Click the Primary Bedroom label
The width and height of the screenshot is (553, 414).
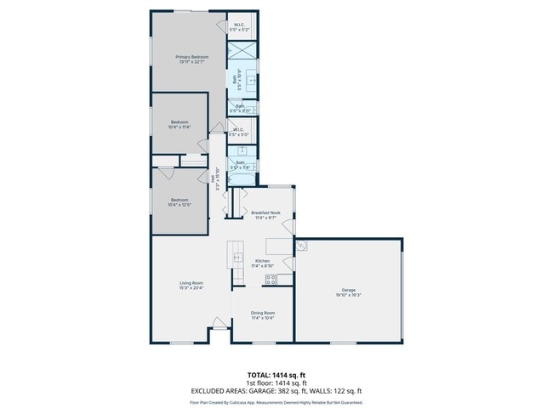[x=191, y=57]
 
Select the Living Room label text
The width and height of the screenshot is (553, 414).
[x=191, y=283]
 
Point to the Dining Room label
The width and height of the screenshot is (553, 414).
[x=262, y=314]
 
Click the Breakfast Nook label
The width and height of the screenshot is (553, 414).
[x=265, y=213]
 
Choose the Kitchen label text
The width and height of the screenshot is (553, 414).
[x=263, y=261]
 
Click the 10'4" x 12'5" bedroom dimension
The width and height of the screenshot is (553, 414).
[x=180, y=205]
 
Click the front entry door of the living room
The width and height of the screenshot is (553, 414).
[x=219, y=324]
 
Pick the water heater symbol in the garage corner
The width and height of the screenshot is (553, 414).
[x=303, y=247]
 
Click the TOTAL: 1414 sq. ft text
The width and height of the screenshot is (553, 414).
[x=276, y=374]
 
